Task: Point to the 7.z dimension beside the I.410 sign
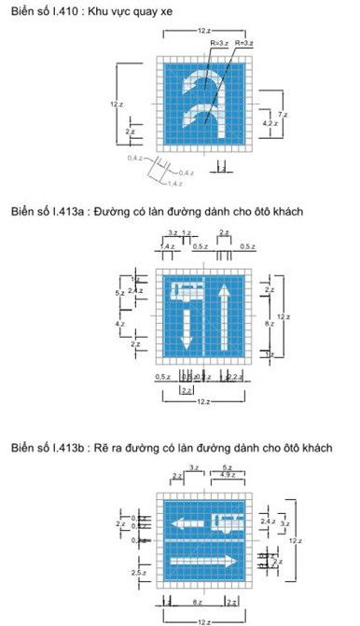click(283, 114)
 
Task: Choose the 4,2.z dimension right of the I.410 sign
click(269, 123)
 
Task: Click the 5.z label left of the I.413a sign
click(118, 293)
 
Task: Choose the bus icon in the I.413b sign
click(229, 521)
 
